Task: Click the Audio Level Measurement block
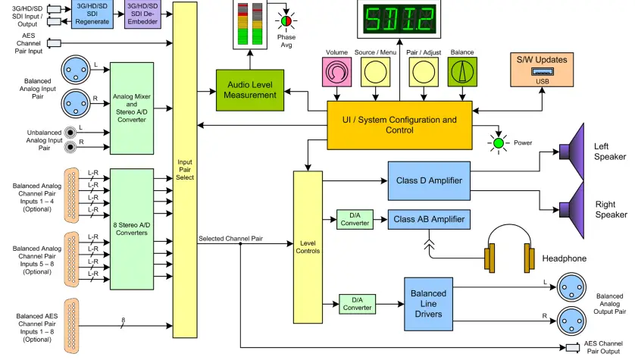point(250,89)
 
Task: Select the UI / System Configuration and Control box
point(399,124)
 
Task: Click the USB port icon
point(542,73)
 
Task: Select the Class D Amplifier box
point(429,180)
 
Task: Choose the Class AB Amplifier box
point(429,219)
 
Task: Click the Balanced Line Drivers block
point(428,303)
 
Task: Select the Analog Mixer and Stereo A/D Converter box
point(132,108)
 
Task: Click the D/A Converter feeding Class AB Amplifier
point(355,219)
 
